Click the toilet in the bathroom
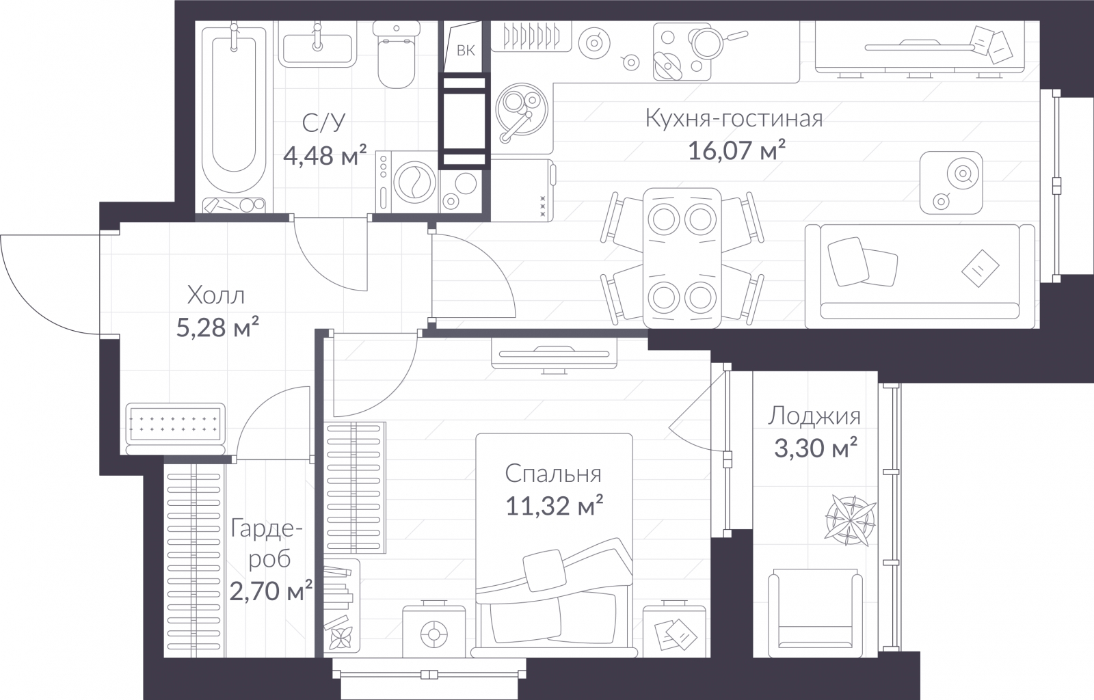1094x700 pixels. (x=397, y=54)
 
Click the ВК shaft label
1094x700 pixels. (x=466, y=51)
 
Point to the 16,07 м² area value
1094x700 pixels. (x=736, y=150)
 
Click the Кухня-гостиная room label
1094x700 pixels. (x=734, y=119)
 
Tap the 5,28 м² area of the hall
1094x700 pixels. (x=217, y=327)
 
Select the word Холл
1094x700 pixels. (x=216, y=296)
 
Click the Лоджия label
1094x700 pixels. (x=814, y=416)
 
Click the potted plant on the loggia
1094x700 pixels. (x=850, y=521)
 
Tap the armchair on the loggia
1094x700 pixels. (x=815, y=612)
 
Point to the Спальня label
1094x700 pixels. (x=553, y=474)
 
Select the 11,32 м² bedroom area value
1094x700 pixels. (x=555, y=506)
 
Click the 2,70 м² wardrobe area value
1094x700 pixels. (x=271, y=591)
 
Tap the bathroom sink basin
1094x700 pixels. (x=317, y=49)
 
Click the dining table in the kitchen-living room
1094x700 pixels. (x=682, y=258)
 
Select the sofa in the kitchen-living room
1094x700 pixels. (x=920, y=276)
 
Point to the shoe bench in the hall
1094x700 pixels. (x=175, y=429)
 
